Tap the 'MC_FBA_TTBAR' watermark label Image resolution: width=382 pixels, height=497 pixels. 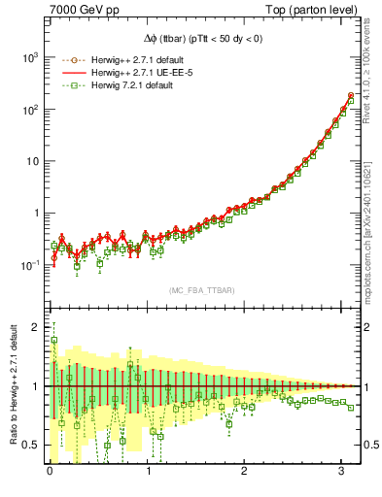[x=200, y=291]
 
